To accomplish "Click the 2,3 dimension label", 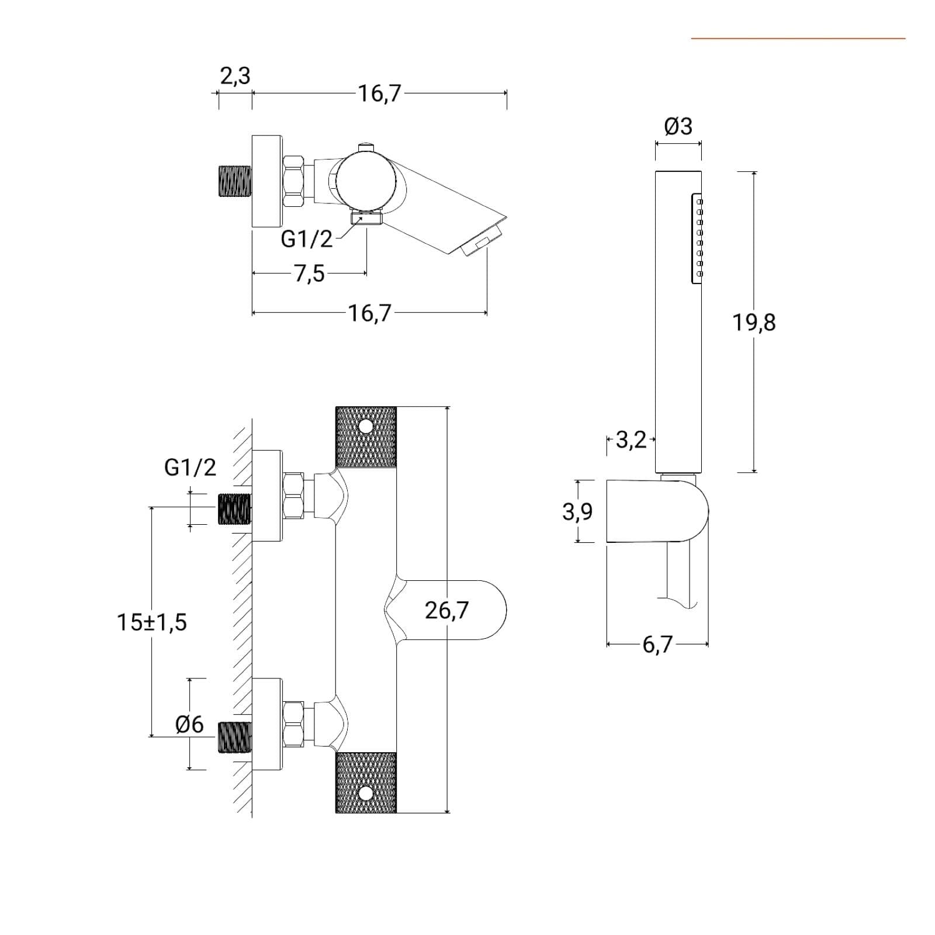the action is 235,76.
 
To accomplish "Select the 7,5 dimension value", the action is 309,273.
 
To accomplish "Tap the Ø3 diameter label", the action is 678,126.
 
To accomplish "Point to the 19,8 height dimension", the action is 754,322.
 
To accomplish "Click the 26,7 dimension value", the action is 446,610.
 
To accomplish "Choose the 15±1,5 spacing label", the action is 152,622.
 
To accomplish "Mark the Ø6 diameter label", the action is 189,725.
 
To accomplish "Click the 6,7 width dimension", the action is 658,645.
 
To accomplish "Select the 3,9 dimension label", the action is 577,512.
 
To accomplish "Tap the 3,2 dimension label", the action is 632,440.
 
